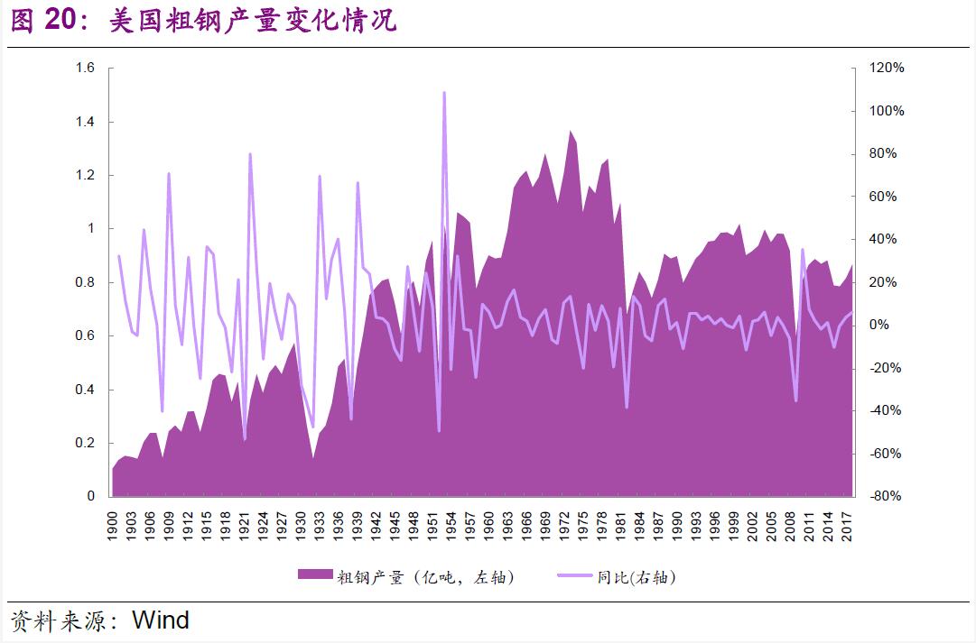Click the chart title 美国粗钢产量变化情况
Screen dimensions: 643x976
click(253, 21)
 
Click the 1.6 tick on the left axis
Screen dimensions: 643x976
click(86, 69)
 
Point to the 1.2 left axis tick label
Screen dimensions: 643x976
click(86, 175)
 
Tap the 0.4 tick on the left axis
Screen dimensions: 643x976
click(86, 390)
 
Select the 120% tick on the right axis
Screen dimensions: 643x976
click(887, 69)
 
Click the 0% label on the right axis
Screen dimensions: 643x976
click(879, 325)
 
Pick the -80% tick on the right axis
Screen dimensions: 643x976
click(885, 496)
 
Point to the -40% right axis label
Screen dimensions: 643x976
click(885, 410)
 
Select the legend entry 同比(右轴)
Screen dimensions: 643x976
click(637, 577)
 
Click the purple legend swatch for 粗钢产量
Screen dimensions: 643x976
click(315, 576)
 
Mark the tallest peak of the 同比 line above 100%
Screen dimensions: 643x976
click(444, 93)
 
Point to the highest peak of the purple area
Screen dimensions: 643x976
click(571, 132)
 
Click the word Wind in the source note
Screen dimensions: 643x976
click(161, 620)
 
